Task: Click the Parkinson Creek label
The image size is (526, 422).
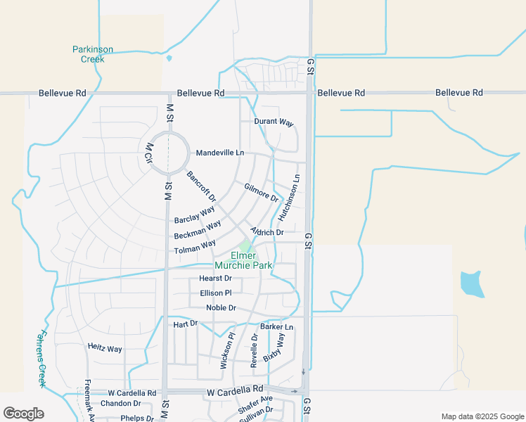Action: [x=93, y=54]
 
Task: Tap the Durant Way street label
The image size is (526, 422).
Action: [x=274, y=122]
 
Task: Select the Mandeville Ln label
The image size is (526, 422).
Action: [x=220, y=153]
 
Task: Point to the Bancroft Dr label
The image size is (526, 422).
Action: [x=201, y=186]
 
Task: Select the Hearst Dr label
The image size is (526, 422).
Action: [x=205, y=279]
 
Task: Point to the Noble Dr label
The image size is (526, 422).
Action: [x=221, y=308]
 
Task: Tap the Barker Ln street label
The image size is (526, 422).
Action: [x=276, y=327]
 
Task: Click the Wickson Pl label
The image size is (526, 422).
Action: [x=225, y=351]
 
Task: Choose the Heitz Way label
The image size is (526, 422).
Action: [x=105, y=348]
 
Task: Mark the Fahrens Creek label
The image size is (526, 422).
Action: [x=42, y=359]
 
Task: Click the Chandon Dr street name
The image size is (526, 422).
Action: [x=120, y=404]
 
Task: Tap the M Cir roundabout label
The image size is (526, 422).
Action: [x=149, y=153]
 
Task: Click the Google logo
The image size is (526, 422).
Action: [x=23, y=414]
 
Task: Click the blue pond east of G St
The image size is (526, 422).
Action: [x=471, y=283]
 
